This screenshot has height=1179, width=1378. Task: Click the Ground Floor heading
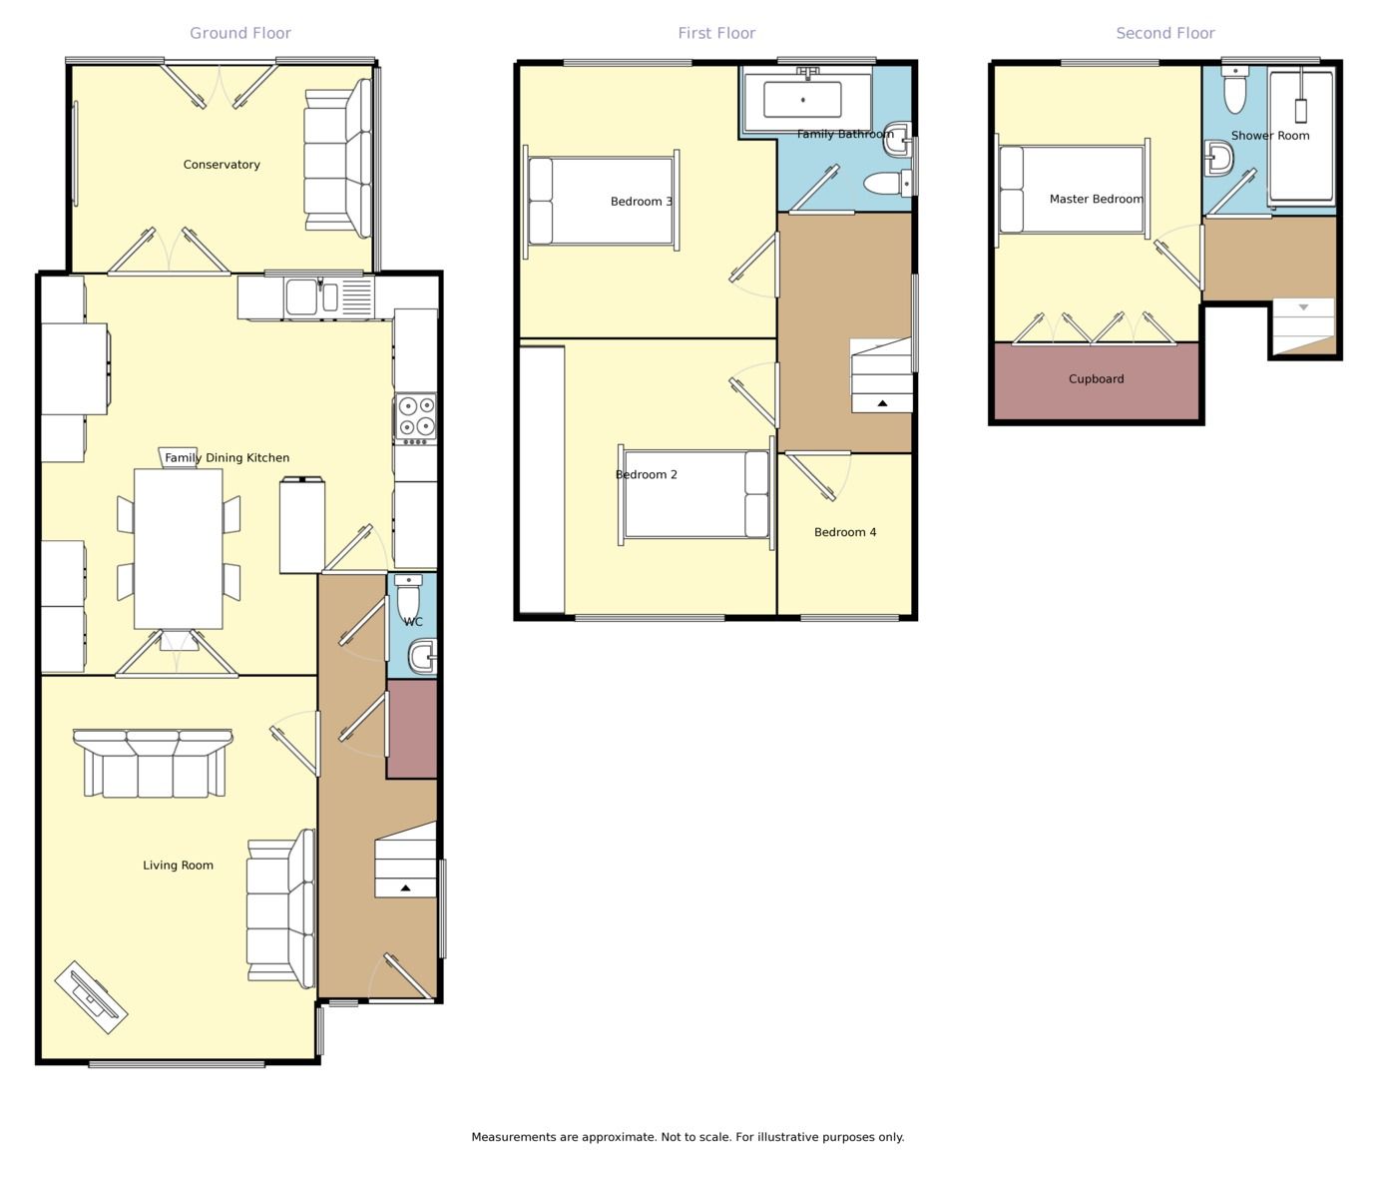[240, 33]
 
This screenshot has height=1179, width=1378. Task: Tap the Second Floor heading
[1165, 33]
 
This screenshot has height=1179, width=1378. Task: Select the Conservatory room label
[222, 165]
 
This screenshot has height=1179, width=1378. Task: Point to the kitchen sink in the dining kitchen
[312, 296]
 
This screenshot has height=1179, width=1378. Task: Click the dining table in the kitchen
[178, 549]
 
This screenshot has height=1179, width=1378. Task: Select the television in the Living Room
[91, 997]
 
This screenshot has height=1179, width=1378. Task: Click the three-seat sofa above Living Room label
[154, 763]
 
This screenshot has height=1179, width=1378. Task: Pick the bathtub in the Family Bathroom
[806, 100]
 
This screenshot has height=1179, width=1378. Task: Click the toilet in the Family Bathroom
[888, 182]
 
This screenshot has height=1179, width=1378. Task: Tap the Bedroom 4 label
[845, 532]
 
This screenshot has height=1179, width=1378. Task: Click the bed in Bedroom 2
[696, 494]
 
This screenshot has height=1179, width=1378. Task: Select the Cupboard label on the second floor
[1096, 378]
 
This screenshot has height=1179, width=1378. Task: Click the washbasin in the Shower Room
[1219, 158]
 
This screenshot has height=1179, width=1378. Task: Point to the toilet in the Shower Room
[1235, 90]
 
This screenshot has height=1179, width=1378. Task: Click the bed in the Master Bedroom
[1072, 190]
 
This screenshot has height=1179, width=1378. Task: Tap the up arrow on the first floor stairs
[883, 403]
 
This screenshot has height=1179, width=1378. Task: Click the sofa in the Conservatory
[337, 159]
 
